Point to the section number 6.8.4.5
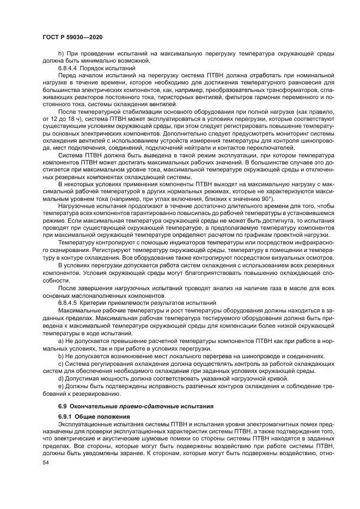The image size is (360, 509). (68, 302)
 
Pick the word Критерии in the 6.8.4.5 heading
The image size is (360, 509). (95, 302)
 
